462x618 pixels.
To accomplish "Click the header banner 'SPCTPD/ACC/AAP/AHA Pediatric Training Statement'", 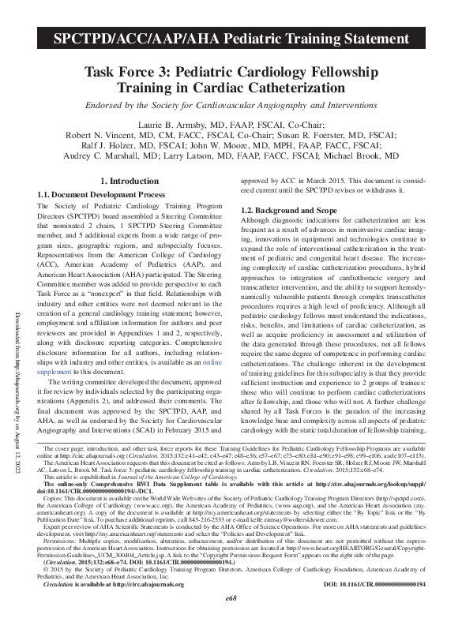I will (x=231, y=38).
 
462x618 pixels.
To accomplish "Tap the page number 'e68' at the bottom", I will (x=231, y=599).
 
